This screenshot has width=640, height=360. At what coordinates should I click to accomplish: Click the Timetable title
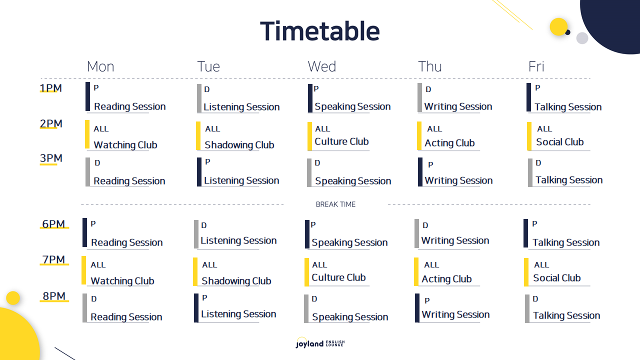(x=320, y=31)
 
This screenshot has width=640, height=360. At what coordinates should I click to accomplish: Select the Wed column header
(x=321, y=66)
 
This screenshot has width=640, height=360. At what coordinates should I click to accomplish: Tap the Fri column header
(x=536, y=66)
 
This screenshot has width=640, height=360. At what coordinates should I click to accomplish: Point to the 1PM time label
(x=50, y=88)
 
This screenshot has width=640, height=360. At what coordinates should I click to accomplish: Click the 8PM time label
(x=54, y=296)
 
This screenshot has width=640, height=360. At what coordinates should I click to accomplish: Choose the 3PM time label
(x=51, y=158)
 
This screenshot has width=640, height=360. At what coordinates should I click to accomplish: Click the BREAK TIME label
(x=335, y=204)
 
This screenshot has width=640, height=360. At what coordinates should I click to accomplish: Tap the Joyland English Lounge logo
(x=320, y=342)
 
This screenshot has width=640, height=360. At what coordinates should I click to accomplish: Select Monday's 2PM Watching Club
(x=125, y=145)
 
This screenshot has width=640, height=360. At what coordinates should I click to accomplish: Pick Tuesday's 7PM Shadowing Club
(x=236, y=281)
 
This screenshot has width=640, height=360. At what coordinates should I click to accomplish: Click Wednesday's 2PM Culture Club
(x=341, y=141)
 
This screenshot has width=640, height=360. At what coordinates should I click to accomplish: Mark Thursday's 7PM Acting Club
(x=446, y=279)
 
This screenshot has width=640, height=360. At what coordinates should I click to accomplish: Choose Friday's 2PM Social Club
(x=559, y=142)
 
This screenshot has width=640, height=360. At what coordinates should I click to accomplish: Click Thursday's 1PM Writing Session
(x=458, y=106)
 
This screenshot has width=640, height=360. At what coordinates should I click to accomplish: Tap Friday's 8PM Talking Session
(x=566, y=315)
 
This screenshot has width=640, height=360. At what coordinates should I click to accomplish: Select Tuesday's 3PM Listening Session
(x=241, y=180)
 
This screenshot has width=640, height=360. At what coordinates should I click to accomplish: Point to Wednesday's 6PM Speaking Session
(x=349, y=242)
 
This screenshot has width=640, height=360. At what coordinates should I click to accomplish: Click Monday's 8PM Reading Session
(x=126, y=317)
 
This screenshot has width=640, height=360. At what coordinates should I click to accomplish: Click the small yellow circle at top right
(x=558, y=27)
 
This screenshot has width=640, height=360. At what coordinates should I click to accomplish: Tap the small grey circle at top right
(x=582, y=38)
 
